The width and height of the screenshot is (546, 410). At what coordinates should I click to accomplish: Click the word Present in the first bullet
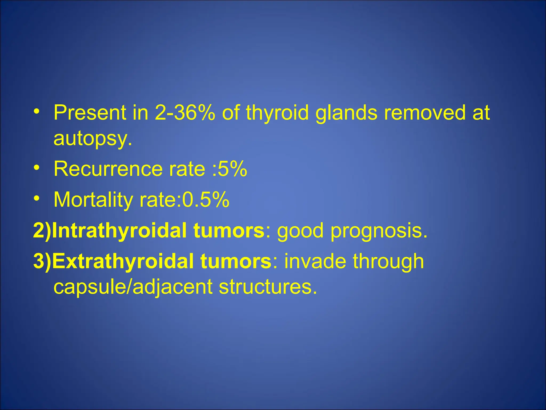point(90,113)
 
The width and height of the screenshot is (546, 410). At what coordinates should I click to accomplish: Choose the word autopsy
point(92,139)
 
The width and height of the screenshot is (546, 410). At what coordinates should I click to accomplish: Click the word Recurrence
point(108,169)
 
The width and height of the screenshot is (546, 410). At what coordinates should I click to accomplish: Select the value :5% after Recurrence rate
point(230,169)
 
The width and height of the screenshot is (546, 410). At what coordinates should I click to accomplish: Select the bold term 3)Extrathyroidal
point(152,261)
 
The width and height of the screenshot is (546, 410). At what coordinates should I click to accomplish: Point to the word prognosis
point(379,231)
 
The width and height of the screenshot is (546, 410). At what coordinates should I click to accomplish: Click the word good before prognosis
point(300,231)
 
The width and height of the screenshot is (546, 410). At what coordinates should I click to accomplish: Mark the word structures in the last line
point(268,287)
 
